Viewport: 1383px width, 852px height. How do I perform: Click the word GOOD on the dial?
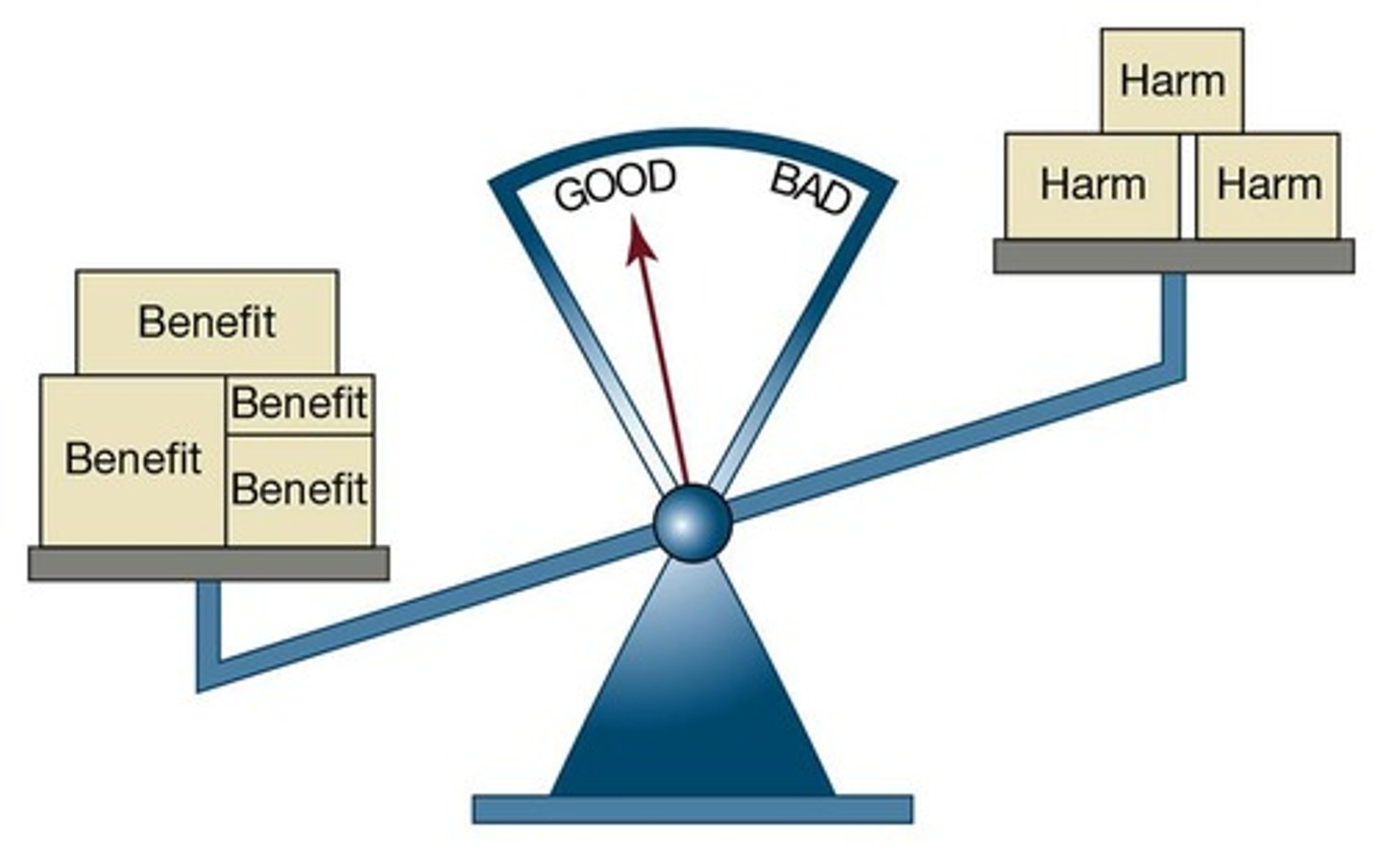pos(616,185)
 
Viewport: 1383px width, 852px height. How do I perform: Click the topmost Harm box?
pos(1172,81)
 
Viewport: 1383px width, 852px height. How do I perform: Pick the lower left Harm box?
pos(1092,184)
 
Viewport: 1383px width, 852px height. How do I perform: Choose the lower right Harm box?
pos(1268,184)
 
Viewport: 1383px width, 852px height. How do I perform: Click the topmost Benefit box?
pos(206,322)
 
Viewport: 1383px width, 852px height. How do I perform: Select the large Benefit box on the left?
pos(133,459)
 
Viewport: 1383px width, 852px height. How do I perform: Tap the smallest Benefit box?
pos(299,403)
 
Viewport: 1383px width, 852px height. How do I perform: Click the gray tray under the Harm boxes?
pos(1173,256)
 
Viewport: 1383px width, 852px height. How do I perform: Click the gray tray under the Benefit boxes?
pos(207,564)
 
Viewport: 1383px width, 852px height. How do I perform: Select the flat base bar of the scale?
pos(691,809)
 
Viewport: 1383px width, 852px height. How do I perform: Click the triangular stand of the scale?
pos(691,701)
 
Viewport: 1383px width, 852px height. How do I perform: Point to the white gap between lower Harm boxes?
pos(1188,185)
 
